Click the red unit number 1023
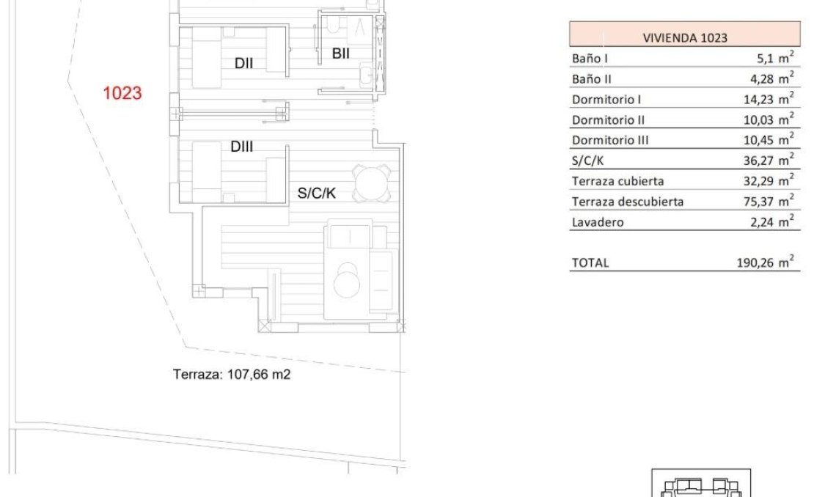click(x=122, y=94)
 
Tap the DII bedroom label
click(x=243, y=64)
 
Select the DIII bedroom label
click(x=241, y=147)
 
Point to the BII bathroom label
click(x=340, y=54)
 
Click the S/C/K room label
click(x=316, y=194)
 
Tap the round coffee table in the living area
click(x=346, y=281)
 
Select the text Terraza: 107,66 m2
click(x=232, y=375)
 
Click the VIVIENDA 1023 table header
click(x=684, y=37)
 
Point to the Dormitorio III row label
click(x=610, y=140)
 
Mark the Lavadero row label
click(x=597, y=222)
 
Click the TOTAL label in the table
click(x=590, y=262)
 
